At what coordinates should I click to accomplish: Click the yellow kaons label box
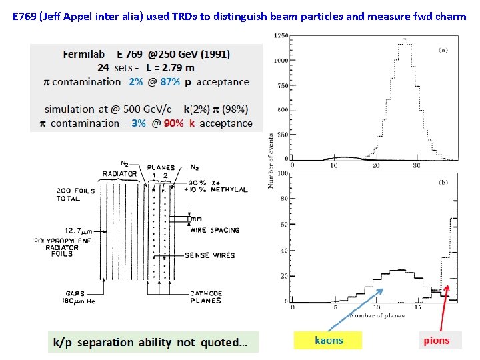(x=328, y=341)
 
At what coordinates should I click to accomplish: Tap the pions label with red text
(x=437, y=341)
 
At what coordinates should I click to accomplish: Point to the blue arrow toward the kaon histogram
(x=361, y=309)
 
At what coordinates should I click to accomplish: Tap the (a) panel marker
(x=443, y=49)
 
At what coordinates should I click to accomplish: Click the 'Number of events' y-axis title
(x=271, y=161)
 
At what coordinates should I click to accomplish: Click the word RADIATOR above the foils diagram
(x=119, y=173)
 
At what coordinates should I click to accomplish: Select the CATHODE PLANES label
(x=206, y=297)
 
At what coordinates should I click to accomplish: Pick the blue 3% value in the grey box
(x=139, y=123)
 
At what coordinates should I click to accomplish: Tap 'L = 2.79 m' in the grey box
(x=170, y=67)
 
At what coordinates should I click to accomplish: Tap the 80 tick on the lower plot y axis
(x=285, y=198)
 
